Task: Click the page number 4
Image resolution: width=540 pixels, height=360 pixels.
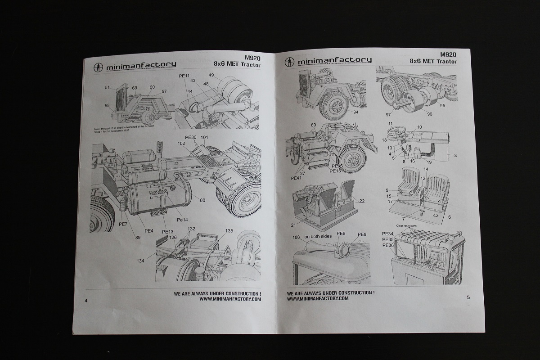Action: coord(85,301)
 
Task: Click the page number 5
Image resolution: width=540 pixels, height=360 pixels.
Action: coord(468,297)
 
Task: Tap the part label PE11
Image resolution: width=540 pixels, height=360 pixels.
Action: coord(184,76)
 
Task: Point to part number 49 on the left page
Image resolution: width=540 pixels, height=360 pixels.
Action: coord(211,75)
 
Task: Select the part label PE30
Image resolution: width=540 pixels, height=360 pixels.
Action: coord(191,137)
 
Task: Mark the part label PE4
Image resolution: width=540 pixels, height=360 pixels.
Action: coord(149,231)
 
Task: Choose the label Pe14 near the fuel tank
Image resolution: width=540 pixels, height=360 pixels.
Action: coord(182,220)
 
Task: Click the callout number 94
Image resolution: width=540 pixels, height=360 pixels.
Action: coord(355,112)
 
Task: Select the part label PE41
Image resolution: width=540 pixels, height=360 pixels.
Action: coord(296,178)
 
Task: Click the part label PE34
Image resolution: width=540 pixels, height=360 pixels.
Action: coord(387,234)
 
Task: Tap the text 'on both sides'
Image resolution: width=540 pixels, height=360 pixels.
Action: coord(318,237)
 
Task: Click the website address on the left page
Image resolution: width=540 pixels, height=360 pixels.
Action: coord(229,299)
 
